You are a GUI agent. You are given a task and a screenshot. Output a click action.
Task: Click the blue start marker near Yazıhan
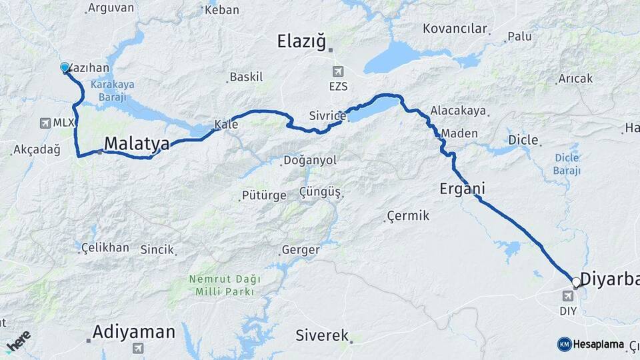(65, 67)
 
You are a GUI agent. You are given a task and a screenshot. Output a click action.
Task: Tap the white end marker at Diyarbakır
(576, 282)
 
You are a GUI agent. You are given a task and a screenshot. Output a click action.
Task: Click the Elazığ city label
(302, 43)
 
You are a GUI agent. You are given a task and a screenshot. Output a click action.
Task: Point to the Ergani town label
(461, 189)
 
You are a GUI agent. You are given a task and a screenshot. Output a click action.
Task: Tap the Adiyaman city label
(134, 331)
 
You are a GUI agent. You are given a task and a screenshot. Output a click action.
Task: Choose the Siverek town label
(322, 335)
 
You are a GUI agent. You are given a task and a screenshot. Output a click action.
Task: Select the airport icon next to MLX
(45, 123)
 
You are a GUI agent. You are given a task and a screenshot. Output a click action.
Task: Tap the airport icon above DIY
(567, 295)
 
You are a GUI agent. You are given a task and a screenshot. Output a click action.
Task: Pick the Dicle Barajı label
(567, 164)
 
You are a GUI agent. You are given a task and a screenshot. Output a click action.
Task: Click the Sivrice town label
(327, 116)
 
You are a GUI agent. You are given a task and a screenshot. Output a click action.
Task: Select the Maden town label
(459, 133)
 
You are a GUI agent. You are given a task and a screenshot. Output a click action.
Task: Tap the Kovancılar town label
(455, 29)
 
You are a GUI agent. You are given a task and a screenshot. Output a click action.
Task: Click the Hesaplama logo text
(598, 344)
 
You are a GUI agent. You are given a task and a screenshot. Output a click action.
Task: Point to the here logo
(18, 341)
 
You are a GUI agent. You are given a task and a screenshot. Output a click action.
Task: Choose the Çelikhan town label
(105, 247)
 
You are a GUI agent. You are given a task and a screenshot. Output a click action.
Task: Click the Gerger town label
(301, 250)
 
